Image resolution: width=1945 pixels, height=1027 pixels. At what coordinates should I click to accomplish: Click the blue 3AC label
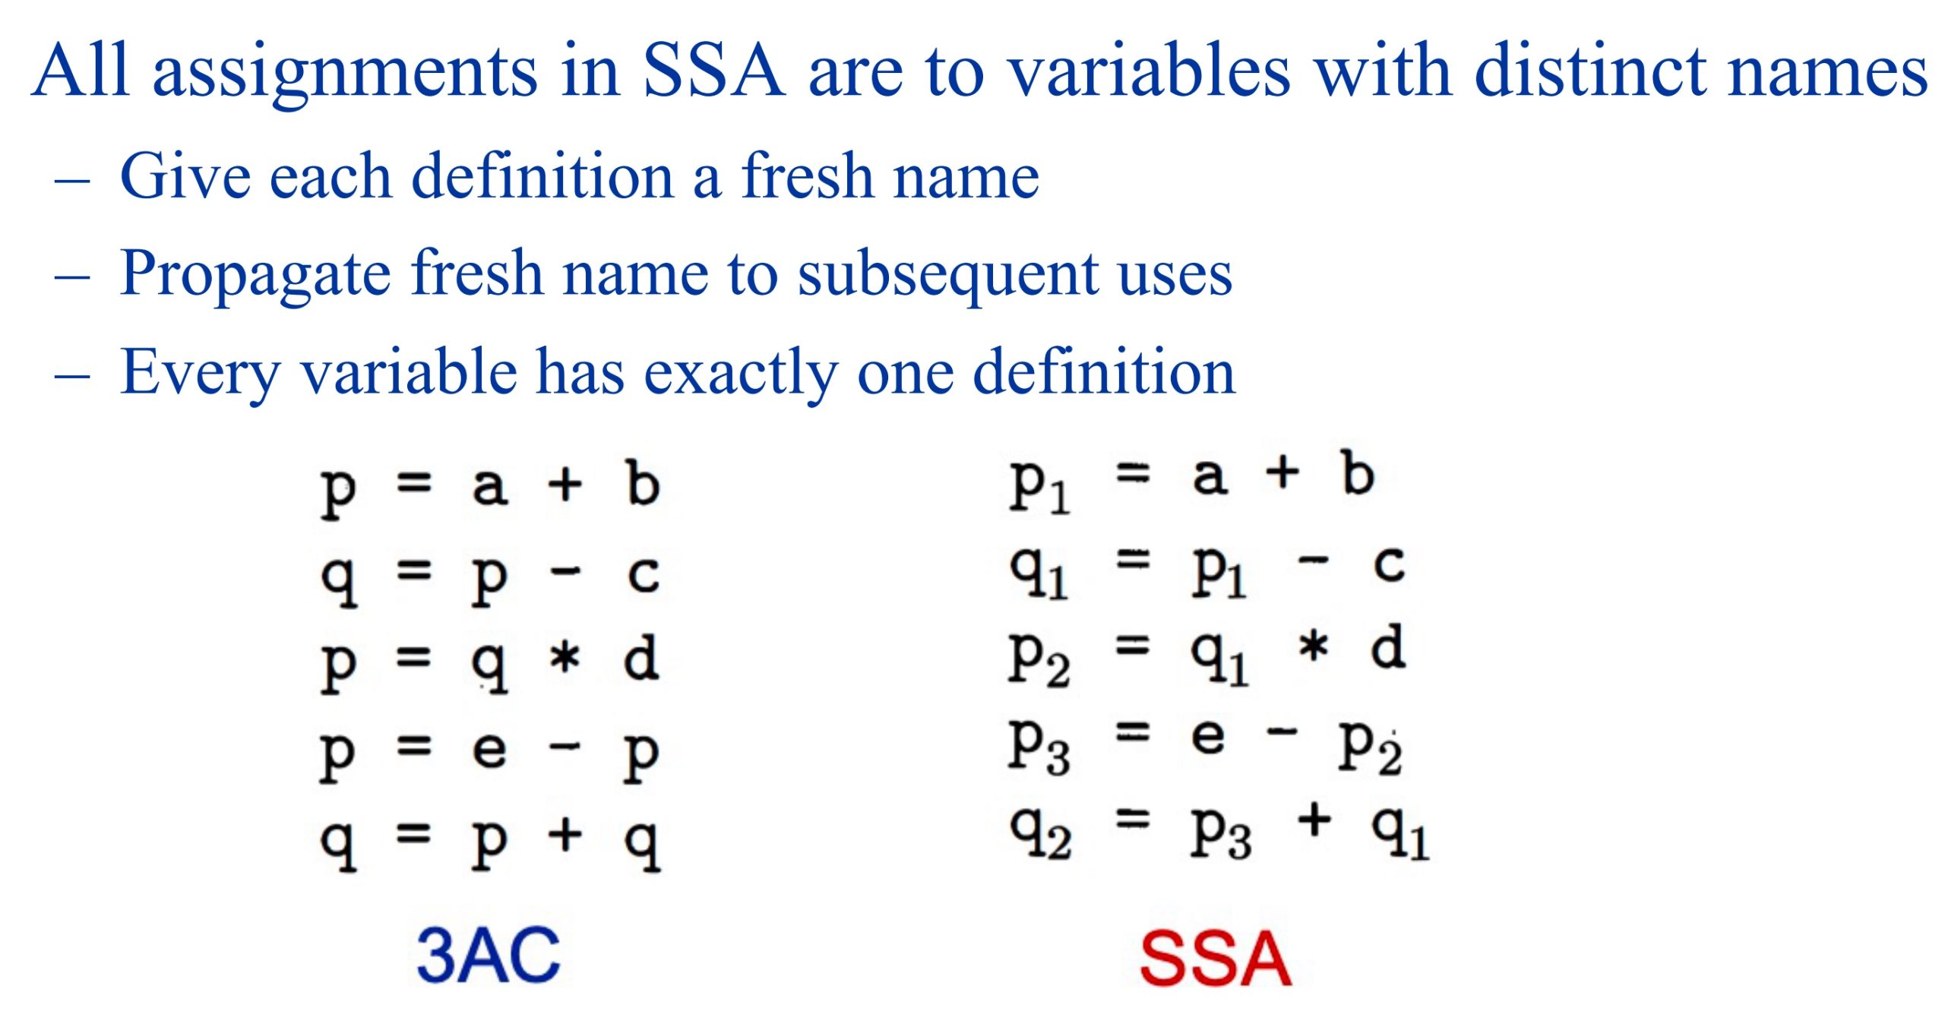(x=489, y=956)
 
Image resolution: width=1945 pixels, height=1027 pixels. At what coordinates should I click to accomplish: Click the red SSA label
(x=1216, y=958)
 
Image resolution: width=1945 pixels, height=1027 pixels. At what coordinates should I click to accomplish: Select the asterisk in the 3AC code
(x=565, y=658)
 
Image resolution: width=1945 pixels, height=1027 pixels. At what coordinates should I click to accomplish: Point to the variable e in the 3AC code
(x=489, y=750)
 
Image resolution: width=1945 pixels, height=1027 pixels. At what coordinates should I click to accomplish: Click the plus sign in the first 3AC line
(x=565, y=484)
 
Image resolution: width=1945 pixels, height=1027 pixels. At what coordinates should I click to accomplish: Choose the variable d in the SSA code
(x=1388, y=646)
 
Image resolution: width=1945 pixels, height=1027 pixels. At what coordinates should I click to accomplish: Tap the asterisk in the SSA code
(x=1314, y=648)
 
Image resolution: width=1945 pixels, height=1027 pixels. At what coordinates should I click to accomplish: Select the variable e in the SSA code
(x=1208, y=737)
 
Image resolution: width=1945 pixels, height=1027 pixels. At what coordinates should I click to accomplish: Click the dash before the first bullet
(x=73, y=182)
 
